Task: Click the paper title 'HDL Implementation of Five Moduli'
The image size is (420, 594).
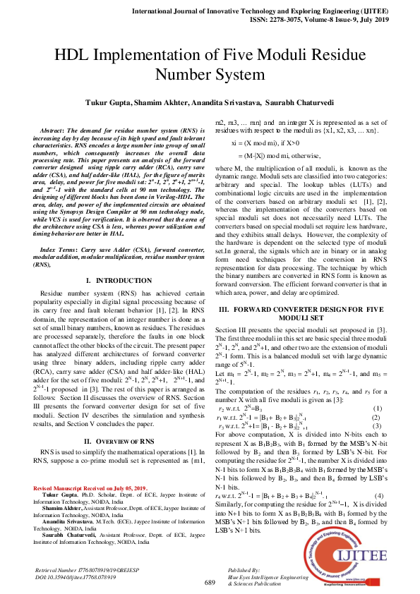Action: point(210,56)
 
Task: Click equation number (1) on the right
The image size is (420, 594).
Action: point(377,408)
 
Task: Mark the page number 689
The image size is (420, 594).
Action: point(209,583)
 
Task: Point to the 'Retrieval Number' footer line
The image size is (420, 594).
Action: point(81,569)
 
